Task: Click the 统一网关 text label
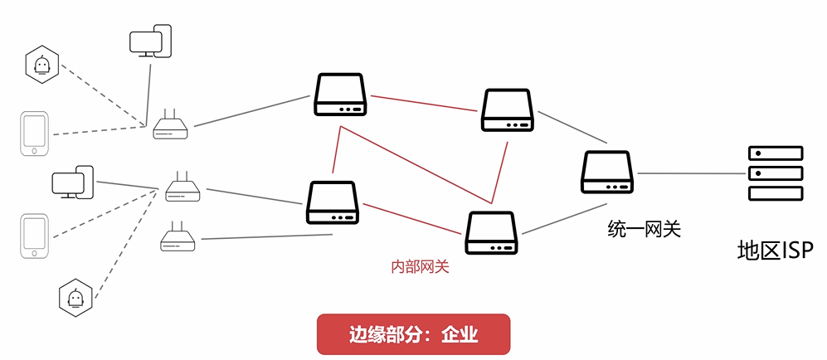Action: coord(644,228)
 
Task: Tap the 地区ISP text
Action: coord(776,250)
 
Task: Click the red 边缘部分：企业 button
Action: coord(413,334)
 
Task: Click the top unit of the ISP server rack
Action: coord(776,153)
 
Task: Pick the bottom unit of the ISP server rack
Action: coord(776,193)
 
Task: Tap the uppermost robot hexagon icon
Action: coord(41,64)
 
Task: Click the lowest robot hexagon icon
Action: coord(75,297)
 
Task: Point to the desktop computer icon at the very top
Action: coord(151,41)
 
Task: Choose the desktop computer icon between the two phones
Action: coord(72,182)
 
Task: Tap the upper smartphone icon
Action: coord(34,134)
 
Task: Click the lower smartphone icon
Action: coord(34,236)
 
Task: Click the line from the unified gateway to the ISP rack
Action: coord(691,173)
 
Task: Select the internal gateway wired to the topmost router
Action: coord(339,95)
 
